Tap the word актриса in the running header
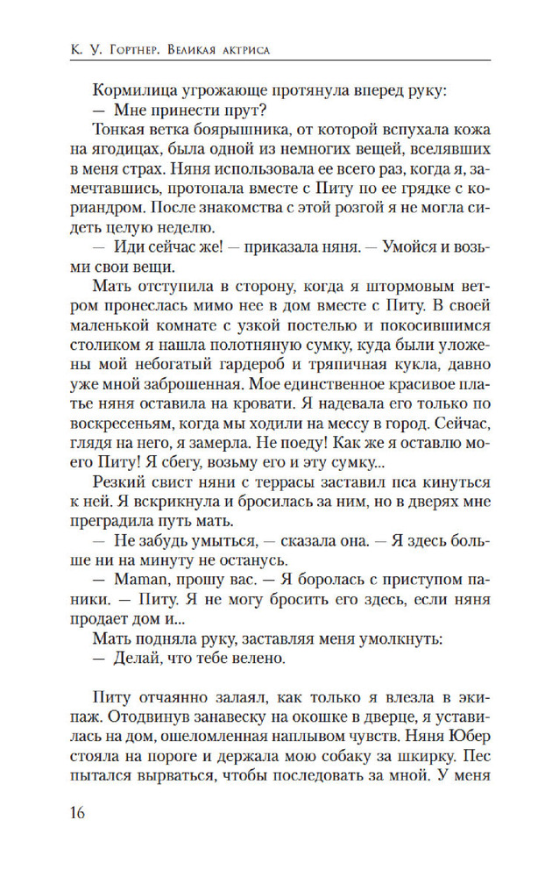pyautogui.click(x=239, y=50)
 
